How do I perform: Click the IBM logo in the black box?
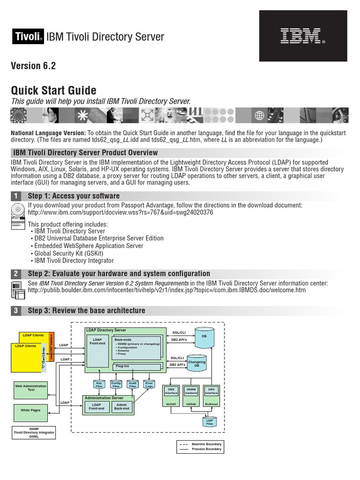pyautogui.click(x=300, y=37)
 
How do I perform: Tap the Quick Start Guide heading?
pyautogui.click(x=53, y=90)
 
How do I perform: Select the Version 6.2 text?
pyautogui.click(x=33, y=66)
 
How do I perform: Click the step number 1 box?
pyautogui.click(x=16, y=196)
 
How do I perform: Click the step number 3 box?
pyautogui.click(x=16, y=310)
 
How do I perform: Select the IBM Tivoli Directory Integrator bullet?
pyautogui.click(x=73, y=261)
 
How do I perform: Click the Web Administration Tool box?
pyautogui.click(x=31, y=388)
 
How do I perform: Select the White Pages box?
pyautogui.click(x=31, y=411)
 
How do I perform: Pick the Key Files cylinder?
pyautogui.click(x=99, y=385)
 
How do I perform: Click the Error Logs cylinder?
pyautogui.click(x=149, y=385)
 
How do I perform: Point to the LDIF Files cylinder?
pyautogui.click(x=210, y=421)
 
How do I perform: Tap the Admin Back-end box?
pyautogui.click(x=121, y=406)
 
